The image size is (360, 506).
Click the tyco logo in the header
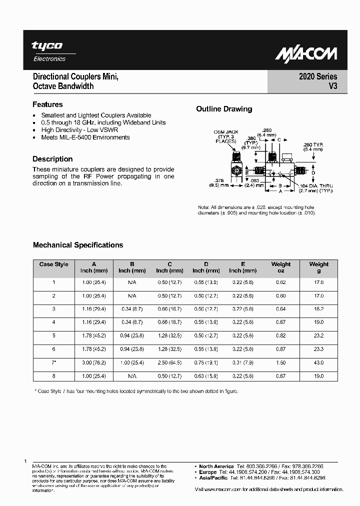coord(47,46)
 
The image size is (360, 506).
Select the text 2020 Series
coord(318,76)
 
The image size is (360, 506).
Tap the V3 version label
coord(332,86)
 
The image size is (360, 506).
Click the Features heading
coord(47,104)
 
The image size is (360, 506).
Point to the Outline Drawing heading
coord(224,109)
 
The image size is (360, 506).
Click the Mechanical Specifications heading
coord(77,245)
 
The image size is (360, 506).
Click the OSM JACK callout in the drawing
coord(226,132)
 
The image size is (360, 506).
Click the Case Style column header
coord(53,264)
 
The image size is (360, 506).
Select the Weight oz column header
coord(280,267)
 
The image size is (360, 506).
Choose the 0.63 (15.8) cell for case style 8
coord(206,376)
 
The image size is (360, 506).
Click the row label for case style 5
coord(53,336)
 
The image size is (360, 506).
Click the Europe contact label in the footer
coord(208,472)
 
